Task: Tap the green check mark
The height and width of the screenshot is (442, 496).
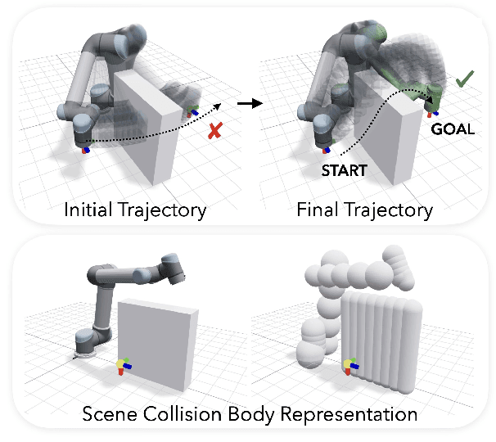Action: pos(465,79)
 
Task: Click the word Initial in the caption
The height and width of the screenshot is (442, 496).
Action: pos(90,210)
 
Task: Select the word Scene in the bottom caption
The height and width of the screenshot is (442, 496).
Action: pos(110,413)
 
